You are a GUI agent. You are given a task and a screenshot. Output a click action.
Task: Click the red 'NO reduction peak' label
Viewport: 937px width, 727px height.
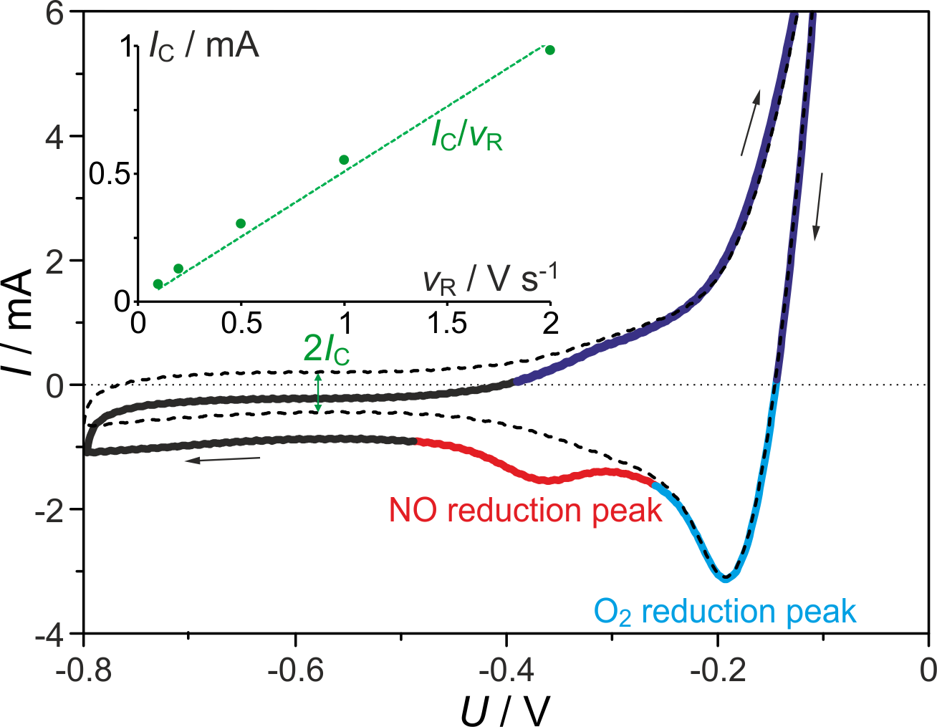(525, 510)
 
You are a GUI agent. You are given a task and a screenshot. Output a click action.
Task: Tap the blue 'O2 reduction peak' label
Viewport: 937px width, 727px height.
(725, 612)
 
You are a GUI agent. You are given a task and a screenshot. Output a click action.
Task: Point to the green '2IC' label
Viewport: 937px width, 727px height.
(327, 349)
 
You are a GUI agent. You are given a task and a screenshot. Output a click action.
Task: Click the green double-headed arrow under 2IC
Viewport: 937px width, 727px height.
(319, 391)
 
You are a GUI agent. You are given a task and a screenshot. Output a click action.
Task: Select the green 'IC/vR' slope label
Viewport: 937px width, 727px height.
(467, 134)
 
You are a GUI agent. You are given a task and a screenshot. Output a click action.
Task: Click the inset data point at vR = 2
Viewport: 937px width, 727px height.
(550, 50)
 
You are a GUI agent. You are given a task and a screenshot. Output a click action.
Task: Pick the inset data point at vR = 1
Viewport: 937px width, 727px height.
(344, 160)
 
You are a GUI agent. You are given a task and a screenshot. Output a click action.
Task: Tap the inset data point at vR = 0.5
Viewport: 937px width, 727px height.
(241, 223)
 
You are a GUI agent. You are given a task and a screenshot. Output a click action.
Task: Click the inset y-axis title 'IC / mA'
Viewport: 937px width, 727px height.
(204, 47)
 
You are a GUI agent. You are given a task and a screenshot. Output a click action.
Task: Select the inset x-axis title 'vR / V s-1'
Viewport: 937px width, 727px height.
(490, 279)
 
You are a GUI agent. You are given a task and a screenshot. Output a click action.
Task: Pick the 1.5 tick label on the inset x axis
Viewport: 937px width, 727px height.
(447, 324)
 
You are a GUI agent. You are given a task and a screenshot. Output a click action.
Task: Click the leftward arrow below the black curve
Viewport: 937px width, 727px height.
(222, 459)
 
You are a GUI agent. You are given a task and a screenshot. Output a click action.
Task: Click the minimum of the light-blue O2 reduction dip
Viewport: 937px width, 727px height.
(726, 577)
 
